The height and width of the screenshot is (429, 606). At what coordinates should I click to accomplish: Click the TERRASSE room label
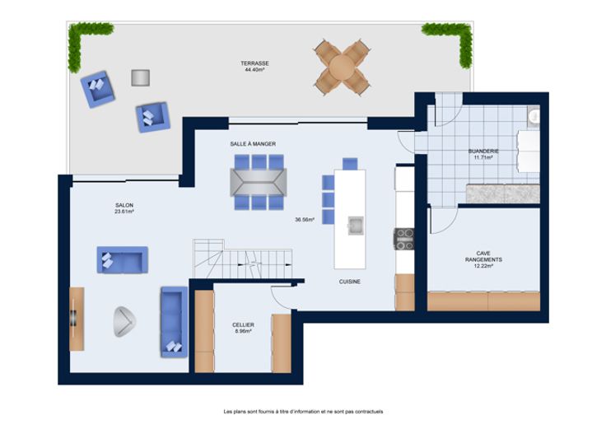(254, 63)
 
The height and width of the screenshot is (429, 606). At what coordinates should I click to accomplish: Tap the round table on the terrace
(341, 67)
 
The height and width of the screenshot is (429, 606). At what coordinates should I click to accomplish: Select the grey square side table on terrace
(140, 77)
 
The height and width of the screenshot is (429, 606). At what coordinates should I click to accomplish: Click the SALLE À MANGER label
(253, 144)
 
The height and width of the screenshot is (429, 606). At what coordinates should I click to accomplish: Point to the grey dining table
(259, 182)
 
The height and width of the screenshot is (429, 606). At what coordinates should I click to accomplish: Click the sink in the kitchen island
(355, 226)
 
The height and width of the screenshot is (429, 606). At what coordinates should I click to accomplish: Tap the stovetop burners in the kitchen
(404, 240)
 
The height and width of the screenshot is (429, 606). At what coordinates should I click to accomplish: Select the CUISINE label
(350, 282)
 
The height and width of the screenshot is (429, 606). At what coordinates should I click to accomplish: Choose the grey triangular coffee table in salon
(124, 322)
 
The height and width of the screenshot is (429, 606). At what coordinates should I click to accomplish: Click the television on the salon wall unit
(73, 319)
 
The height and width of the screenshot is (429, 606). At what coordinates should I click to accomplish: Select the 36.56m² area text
(305, 220)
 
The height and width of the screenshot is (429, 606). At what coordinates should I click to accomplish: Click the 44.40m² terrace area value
(254, 70)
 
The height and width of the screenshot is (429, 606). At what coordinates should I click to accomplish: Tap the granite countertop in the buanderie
(503, 194)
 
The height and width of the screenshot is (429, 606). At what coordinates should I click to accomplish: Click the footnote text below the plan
(303, 412)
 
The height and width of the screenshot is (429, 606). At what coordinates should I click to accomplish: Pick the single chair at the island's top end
(350, 164)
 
